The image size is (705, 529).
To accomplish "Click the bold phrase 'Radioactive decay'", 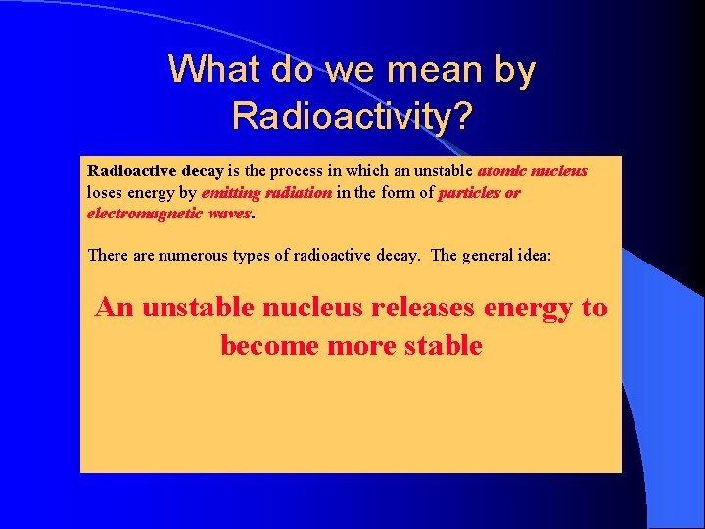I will point(156,171).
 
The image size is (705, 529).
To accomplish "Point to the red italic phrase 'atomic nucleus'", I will point(532,171).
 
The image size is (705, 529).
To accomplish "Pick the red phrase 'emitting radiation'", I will point(266,193).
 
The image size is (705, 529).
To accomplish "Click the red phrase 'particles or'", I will point(479,193).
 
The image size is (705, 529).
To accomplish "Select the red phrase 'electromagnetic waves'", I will point(169,214).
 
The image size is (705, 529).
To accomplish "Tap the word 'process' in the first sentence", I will point(299,171).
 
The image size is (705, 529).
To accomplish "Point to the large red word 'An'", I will point(114,308).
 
